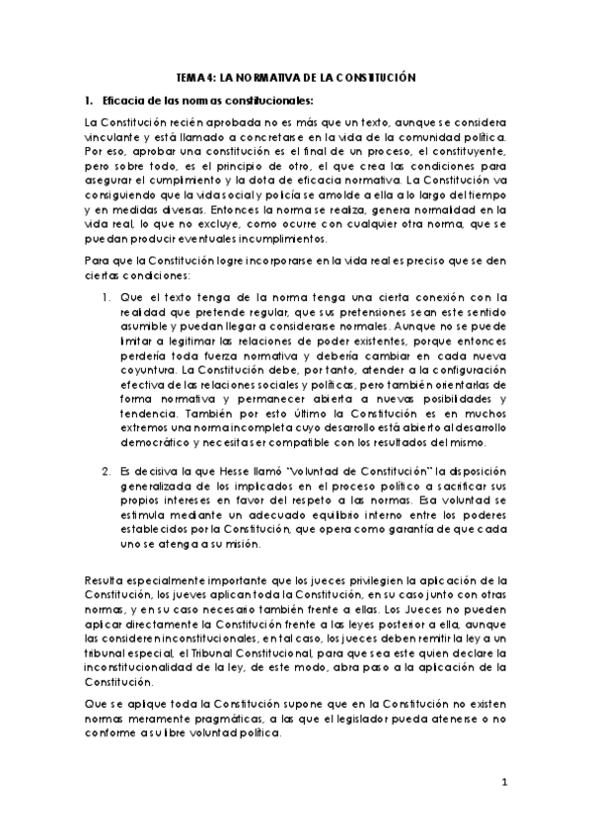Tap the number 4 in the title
[x=209, y=76]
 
